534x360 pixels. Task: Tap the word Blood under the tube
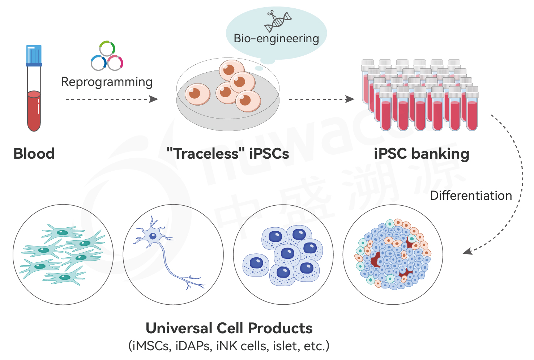tap(34, 154)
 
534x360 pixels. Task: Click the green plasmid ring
tap(107, 48)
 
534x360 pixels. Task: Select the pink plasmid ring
tap(115, 63)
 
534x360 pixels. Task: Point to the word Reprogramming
tap(107, 82)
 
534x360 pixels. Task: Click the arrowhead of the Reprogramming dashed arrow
tap(154, 99)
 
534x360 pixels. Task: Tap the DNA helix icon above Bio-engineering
tap(278, 21)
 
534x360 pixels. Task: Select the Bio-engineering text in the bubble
tap(276, 38)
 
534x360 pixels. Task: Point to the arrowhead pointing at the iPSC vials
tap(350, 99)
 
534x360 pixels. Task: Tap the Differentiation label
tap(471, 196)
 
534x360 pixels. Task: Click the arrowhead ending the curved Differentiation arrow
tap(467, 251)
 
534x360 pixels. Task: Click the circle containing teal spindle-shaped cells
tap(63, 254)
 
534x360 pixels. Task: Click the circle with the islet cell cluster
tap(393, 254)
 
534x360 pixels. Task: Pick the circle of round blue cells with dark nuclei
tap(283, 254)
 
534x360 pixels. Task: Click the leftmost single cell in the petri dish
tap(197, 94)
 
